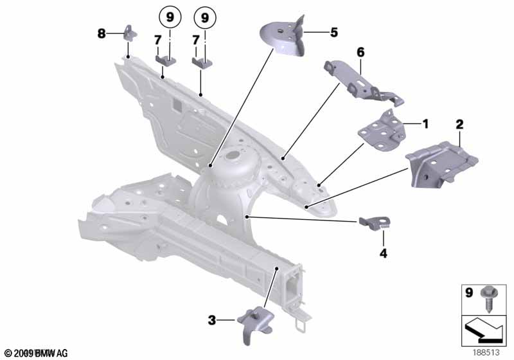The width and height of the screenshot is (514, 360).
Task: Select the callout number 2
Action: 459,123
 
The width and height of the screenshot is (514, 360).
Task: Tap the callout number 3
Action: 211,318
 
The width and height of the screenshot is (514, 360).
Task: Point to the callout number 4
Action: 383,253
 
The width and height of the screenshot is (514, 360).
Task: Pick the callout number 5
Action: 333,32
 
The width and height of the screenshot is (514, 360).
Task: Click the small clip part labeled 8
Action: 128,33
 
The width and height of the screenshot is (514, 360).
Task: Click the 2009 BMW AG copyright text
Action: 35,353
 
